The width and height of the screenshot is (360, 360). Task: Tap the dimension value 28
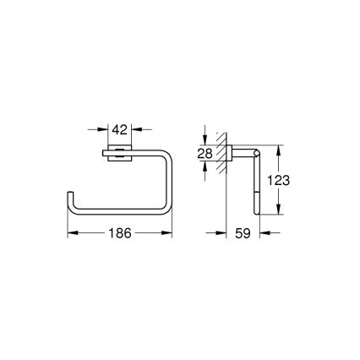205,153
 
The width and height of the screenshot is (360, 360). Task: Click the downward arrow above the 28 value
205,141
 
